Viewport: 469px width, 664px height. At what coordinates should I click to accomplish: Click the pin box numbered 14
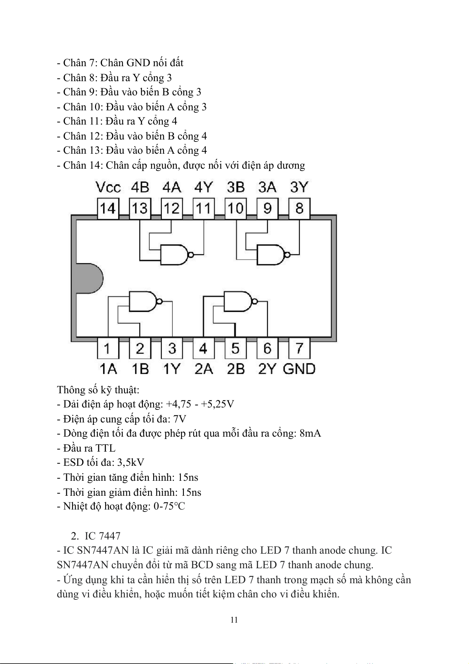pos(108,208)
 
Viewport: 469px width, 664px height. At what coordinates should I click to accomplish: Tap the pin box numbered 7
pos(299,348)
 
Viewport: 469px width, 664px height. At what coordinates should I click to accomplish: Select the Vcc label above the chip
pos(108,187)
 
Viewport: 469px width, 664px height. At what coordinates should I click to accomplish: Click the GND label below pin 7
pos(299,369)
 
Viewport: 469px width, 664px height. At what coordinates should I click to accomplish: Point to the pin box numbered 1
pos(108,348)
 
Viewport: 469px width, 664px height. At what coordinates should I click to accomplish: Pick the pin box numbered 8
pos(299,208)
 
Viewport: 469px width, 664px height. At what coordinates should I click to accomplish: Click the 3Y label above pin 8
pos(299,187)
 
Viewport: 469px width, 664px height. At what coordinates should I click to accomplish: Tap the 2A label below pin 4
pos(204,369)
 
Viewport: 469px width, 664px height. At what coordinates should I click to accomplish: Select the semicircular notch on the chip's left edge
pos(89,278)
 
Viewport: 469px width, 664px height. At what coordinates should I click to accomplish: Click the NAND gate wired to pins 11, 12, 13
pos(175,255)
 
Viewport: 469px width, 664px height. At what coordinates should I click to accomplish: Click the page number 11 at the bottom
pos(234,620)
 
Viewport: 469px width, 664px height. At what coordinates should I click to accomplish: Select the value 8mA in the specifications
pos(310,433)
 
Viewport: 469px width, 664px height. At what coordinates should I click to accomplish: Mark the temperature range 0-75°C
pos(169,506)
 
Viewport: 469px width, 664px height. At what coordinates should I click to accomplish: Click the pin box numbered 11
pos(203,208)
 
